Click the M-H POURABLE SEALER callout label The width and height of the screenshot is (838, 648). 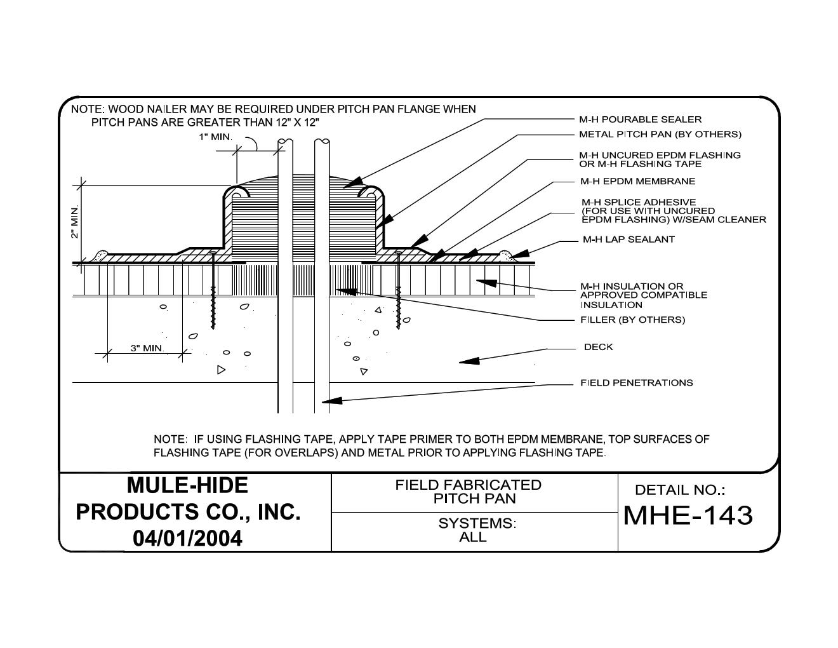click(x=640, y=119)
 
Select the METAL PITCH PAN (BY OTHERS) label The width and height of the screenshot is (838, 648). click(x=660, y=135)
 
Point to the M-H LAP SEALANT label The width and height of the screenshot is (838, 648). click(x=628, y=240)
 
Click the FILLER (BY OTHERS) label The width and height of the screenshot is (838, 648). click(x=632, y=320)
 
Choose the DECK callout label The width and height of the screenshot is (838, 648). click(x=598, y=347)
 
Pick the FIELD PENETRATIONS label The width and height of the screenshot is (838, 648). click(x=636, y=383)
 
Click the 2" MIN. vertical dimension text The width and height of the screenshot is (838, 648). click(x=76, y=222)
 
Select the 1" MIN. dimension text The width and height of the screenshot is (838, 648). click(x=215, y=137)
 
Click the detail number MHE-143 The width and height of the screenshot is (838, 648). click(x=688, y=515)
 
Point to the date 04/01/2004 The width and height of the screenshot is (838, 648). click(x=187, y=539)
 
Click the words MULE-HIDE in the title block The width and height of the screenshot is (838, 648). click(x=187, y=485)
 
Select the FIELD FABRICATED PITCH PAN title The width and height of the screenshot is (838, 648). click(x=469, y=492)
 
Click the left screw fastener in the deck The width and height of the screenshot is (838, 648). click(x=213, y=289)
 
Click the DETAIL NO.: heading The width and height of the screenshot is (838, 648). click(x=679, y=490)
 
